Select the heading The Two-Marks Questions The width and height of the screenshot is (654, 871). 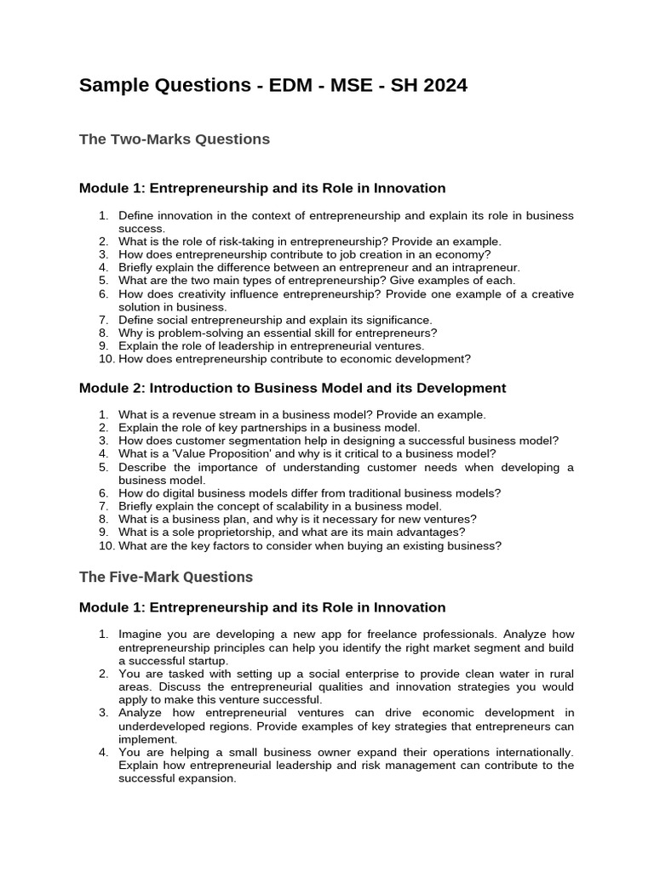175,139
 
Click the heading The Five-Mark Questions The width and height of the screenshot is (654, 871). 166,577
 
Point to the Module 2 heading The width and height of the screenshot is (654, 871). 292,388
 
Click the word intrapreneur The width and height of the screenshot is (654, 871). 484,267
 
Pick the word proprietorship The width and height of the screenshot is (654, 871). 225,532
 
